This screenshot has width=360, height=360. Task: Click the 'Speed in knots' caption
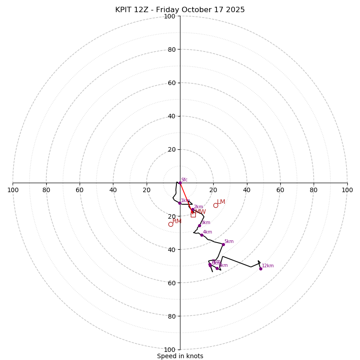tap(180, 356)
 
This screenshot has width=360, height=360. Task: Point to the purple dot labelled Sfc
tap(180, 183)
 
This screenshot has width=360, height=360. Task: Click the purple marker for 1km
tap(180, 203)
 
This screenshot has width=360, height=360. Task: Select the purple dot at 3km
tap(199, 225)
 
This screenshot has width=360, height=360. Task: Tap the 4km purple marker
tap(202, 235)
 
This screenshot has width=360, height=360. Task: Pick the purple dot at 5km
tap(223, 244)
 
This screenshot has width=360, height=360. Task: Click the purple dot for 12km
tap(261, 269)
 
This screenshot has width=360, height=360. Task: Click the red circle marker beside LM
tap(216, 205)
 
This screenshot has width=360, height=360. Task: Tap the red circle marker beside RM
tap(171, 224)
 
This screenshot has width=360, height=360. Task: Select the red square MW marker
tap(193, 215)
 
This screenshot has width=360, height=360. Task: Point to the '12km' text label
tap(268, 266)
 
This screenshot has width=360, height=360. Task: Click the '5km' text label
tap(229, 242)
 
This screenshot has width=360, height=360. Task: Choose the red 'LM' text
tap(221, 202)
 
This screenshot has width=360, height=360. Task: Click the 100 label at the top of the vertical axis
tap(170, 16)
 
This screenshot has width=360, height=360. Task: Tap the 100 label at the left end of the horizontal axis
tap(13, 190)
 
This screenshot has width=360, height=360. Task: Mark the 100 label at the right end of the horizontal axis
tap(347, 190)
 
